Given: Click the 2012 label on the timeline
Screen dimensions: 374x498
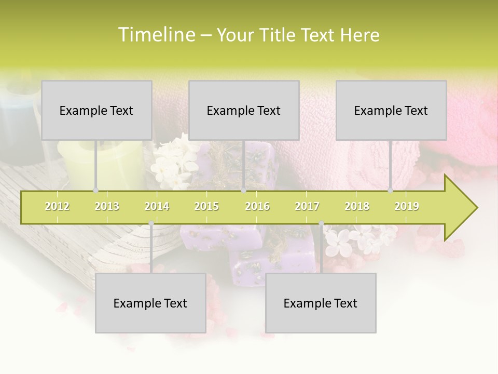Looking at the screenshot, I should coord(57,206).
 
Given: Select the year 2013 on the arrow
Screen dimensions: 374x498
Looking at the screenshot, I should coord(107,206).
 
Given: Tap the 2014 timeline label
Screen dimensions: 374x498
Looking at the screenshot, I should coord(157,206).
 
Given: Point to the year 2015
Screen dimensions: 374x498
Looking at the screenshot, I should coord(206,206).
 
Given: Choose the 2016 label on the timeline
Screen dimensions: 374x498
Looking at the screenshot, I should coord(257,206).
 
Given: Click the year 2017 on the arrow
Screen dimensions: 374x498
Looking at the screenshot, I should coord(307,206).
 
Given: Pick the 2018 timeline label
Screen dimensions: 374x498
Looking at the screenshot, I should coord(357,206).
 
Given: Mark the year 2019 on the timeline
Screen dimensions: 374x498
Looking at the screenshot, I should coord(407,206).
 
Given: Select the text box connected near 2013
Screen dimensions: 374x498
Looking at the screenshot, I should coord(96,110).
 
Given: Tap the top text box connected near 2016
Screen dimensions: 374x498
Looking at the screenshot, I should coord(244,110).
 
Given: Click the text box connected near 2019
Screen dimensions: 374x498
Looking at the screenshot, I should coord(391,110).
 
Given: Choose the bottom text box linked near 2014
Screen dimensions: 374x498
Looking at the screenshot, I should coord(150,303).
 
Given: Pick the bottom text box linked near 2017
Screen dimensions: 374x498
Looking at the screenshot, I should coord(321,303).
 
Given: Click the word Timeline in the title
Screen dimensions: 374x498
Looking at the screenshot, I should coord(156,35).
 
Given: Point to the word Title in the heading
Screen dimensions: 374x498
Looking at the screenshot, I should coord(279,35).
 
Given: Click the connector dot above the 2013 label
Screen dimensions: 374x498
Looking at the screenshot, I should coord(95,190).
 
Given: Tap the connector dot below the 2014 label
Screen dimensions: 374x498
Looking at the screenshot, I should coord(151,223).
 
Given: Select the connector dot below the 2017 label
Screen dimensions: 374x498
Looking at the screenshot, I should coord(321,223).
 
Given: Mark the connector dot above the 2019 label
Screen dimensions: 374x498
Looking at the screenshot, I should coord(390,190).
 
